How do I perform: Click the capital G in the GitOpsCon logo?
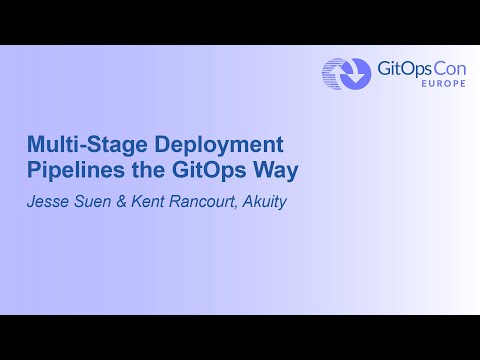[x=382, y=68]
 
